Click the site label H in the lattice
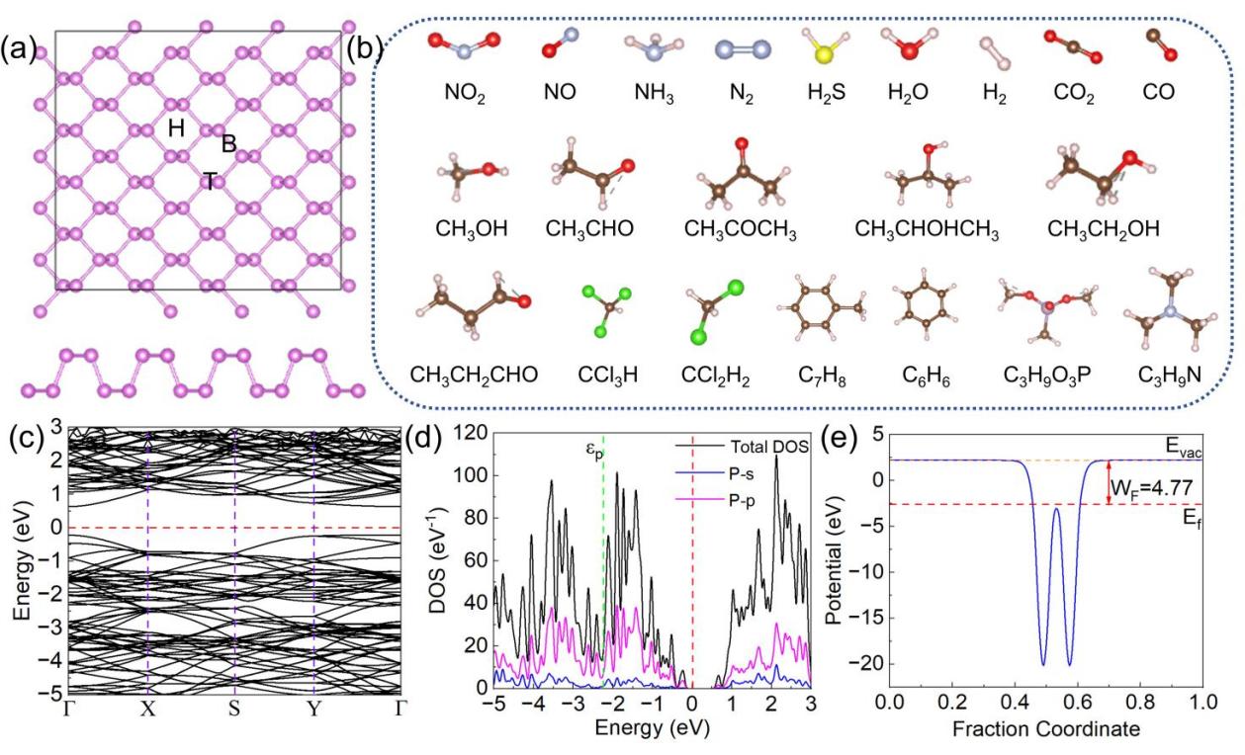point(176,127)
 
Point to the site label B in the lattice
point(229,144)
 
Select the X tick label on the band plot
point(147,709)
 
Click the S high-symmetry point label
point(234,709)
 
